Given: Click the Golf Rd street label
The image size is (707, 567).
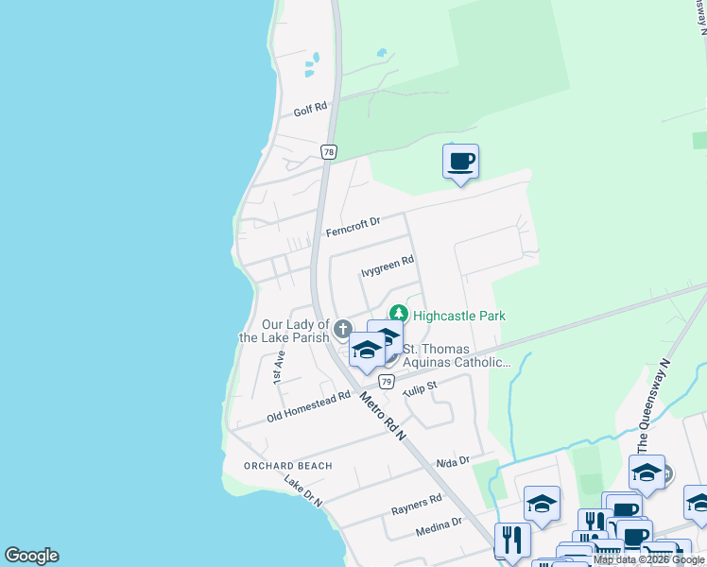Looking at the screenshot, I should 310,110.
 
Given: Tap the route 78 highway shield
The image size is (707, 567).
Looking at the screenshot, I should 328,152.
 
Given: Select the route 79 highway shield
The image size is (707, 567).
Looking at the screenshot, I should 386,381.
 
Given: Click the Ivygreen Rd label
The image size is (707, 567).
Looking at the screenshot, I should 388,270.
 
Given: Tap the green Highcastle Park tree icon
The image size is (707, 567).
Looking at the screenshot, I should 399,316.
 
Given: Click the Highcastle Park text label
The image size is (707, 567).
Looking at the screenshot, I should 459,317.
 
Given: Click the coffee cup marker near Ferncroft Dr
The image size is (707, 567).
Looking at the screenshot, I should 460,162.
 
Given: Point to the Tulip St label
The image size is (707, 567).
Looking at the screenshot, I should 420,388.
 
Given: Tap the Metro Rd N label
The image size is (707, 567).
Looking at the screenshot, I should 382,417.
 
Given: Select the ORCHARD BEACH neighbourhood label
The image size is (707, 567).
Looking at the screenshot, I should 287,466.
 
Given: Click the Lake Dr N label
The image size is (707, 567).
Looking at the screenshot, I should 303,490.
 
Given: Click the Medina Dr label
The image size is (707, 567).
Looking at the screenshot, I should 440,527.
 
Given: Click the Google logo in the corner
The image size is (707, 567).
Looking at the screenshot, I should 31,556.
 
